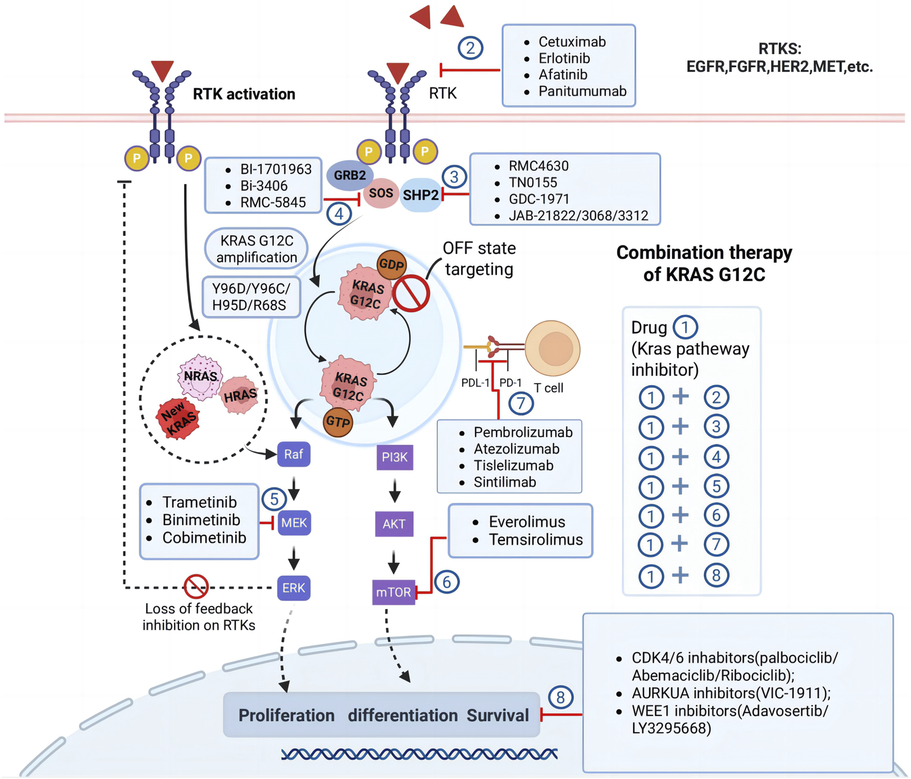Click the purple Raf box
(293, 454)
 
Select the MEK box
(294, 523)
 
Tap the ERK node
(293, 588)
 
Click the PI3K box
(394, 457)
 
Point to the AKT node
(394, 524)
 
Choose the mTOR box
(393, 592)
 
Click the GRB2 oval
(350, 176)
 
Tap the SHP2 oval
(421, 195)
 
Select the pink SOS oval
(381, 193)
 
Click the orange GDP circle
(392, 265)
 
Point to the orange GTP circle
(338, 422)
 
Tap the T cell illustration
(552, 349)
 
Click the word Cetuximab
(572, 42)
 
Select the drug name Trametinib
(199, 502)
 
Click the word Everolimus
(526, 522)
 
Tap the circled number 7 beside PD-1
(520, 403)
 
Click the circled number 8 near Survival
(561, 697)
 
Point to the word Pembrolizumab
(523, 433)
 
